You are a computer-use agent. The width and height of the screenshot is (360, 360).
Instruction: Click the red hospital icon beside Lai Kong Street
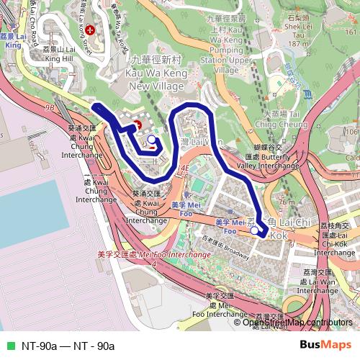click(x=90, y=30)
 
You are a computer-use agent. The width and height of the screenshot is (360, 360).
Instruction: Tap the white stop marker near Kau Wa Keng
click(x=151, y=139)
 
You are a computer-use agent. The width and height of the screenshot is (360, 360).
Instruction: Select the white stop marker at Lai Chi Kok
click(x=256, y=230)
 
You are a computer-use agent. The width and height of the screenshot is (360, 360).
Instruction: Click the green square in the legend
click(x=9, y=346)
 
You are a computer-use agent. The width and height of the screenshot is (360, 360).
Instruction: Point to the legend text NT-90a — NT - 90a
click(x=68, y=346)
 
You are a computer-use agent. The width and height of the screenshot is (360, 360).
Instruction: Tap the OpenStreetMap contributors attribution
click(x=297, y=323)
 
